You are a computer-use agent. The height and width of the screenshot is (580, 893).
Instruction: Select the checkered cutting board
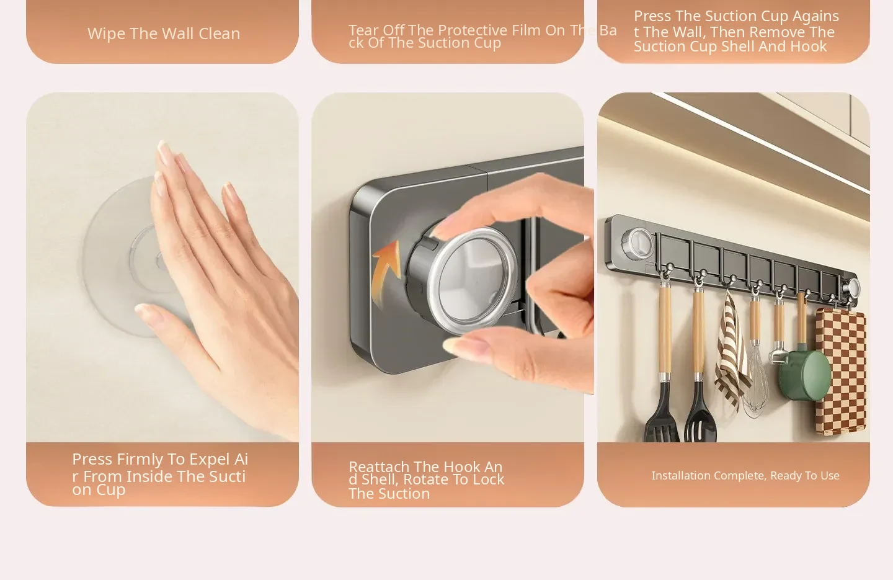click(841, 371)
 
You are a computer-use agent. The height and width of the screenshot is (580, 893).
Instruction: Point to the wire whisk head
click(755, 383)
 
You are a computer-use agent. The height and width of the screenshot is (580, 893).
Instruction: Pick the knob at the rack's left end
click(638, 243)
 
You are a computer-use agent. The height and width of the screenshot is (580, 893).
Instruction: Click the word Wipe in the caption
click(107, 33)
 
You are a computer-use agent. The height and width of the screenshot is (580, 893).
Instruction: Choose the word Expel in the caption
click(210, 460)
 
